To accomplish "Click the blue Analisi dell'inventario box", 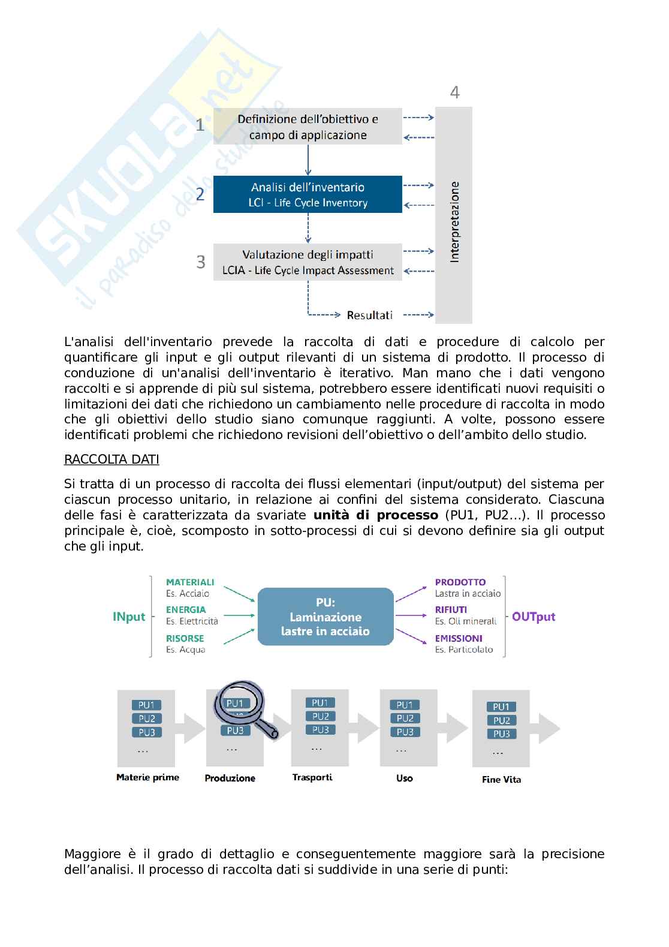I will click(308, 194).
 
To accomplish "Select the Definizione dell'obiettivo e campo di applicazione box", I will click(308, 127).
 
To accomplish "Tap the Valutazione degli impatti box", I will click(308, 262).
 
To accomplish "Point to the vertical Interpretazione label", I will click(454, 222).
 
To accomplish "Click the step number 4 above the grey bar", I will click(455, 92).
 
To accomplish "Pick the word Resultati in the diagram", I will click(370, 315).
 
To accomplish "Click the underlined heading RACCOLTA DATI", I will click(111, 460).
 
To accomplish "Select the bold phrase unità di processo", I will click(376, 515).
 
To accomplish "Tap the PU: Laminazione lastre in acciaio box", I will click(326, 617).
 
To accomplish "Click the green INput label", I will click(129, 617).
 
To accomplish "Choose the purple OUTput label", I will click(534, 617).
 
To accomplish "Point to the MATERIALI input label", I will click(190, 582).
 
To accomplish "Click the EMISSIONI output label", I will click(459, 639).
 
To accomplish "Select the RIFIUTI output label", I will click(451, 610).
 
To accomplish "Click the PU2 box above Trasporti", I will click(320, 716).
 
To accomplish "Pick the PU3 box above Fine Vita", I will click(501, 734).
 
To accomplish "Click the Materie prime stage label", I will click(147, 778).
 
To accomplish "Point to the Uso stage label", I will click(405, 778).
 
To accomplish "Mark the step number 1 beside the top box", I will click(200, 125).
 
